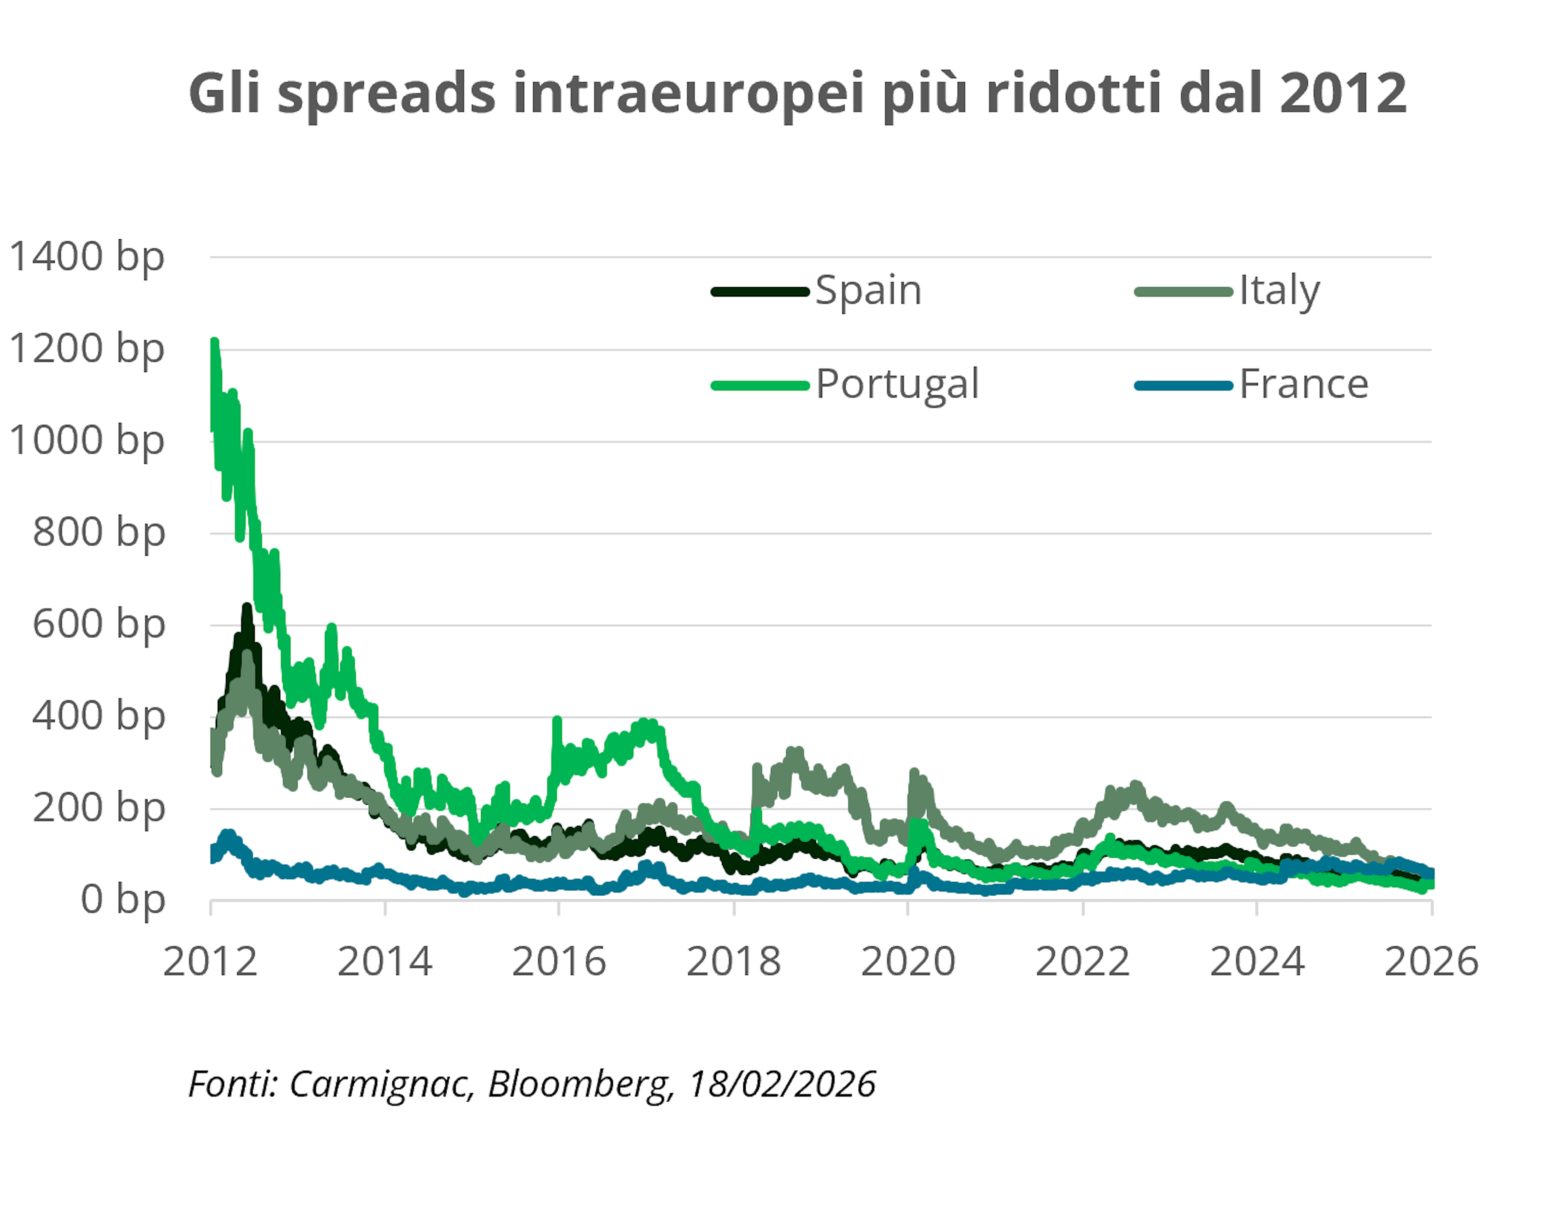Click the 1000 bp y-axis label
pos(86,441)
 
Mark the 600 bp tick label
pos(98,625)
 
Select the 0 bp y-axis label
pos(122,900)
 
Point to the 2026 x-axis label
pos(1431,962)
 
